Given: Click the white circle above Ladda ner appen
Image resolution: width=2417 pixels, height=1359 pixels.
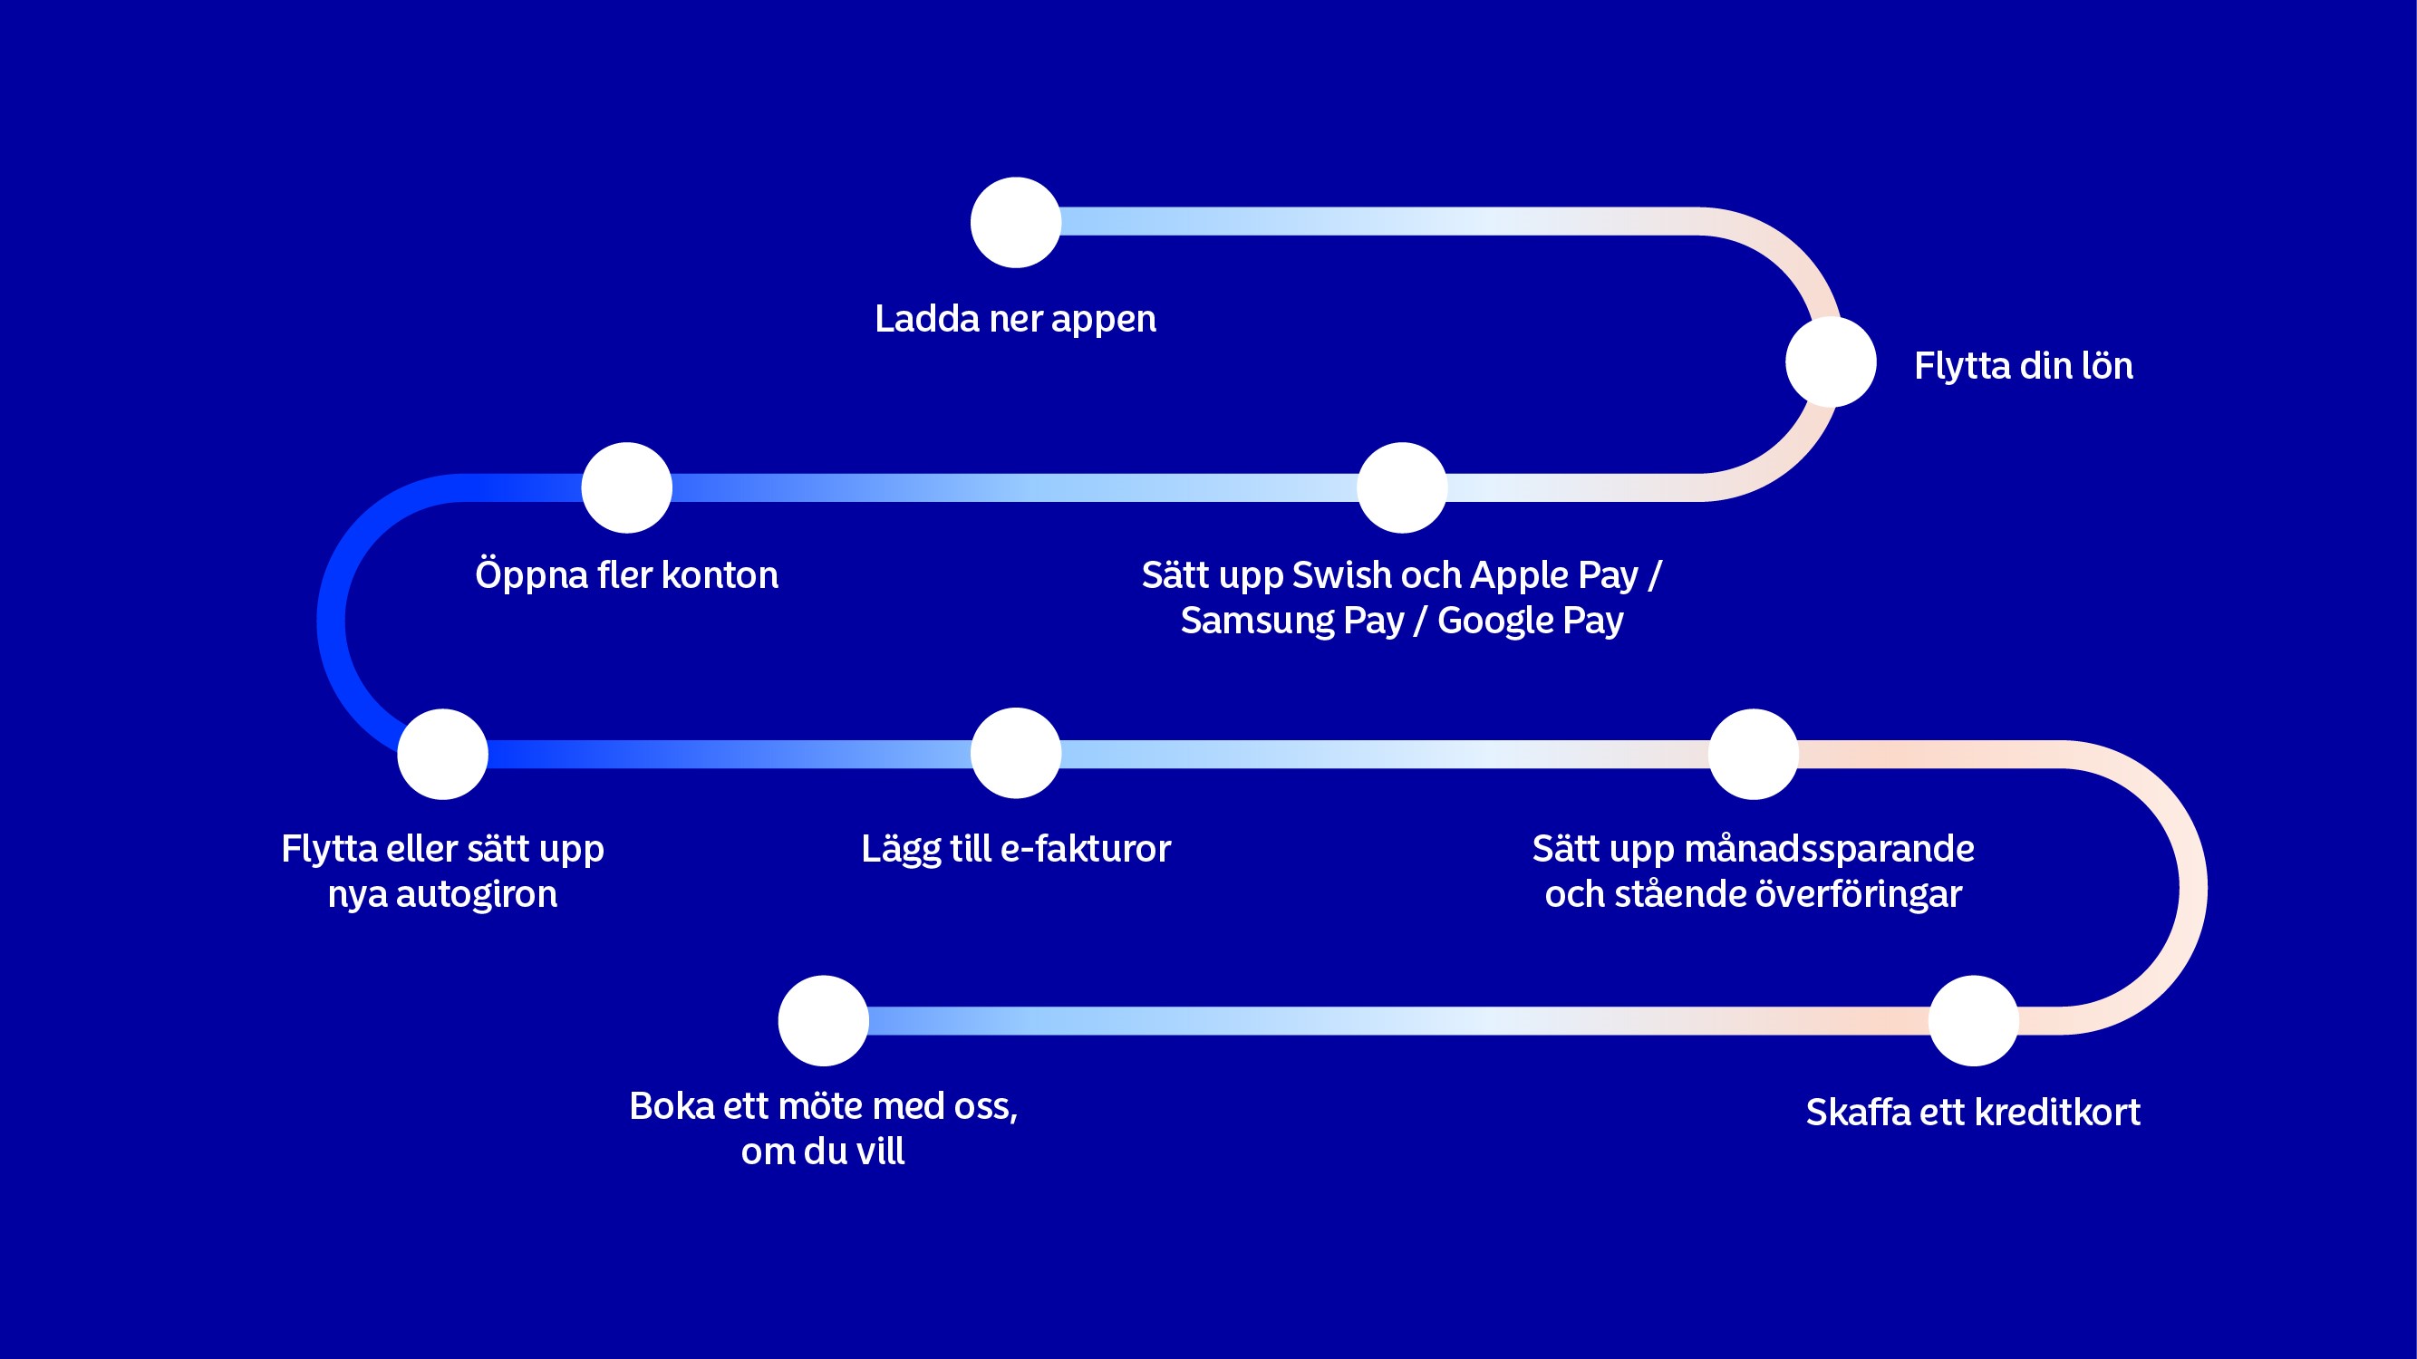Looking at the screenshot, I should pos(1015,222).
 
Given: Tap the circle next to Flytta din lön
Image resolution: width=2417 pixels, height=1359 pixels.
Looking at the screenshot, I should pos(1831,362).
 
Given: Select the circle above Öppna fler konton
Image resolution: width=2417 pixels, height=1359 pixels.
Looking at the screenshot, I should pos(627,487).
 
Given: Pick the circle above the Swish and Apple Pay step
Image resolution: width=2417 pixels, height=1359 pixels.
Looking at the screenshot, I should pos(1402,487).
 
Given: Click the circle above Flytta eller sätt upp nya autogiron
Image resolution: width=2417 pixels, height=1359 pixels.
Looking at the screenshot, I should pos(443,754).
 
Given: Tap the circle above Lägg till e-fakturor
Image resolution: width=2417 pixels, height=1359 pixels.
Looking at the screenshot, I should pos(1015,753).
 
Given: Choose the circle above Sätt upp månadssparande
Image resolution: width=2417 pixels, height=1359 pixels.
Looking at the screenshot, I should pos(1753,754).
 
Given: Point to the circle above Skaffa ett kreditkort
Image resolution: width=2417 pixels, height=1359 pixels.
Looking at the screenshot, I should pos(1973,1020).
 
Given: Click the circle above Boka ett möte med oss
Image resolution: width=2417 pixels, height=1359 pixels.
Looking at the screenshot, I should pos(823,1020).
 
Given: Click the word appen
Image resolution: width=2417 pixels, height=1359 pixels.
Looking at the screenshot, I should pos(1104,320).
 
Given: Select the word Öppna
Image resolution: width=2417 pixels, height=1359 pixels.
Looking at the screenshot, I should pos(531,575).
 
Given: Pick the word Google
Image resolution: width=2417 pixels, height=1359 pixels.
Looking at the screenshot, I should pos(1494,621).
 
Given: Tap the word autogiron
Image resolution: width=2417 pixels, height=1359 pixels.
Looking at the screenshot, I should pos(477,895).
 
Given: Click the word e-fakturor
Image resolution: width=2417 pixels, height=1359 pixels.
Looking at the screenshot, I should pos(1086,849).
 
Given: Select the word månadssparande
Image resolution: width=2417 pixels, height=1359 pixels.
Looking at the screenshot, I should pos(1830,849).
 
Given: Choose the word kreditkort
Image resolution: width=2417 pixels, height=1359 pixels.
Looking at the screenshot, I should pos(2057,1113).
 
